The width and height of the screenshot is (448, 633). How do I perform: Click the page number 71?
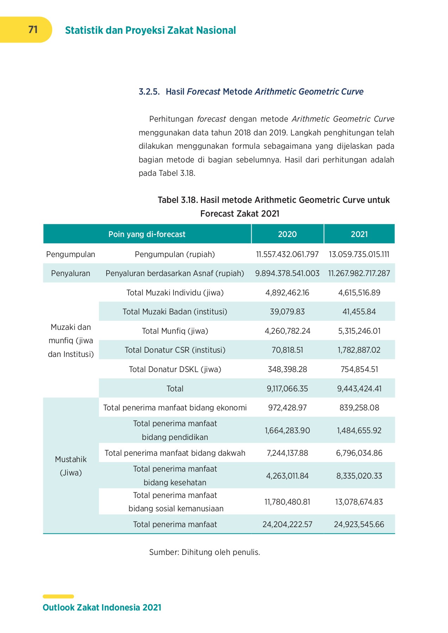click(x=33, y=30)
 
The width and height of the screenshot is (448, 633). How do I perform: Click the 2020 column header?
click(x=287, y=234)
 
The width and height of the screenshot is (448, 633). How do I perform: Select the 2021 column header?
click(x=359, y=234)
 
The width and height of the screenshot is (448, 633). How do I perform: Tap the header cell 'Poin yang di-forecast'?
click(x=147, y=234)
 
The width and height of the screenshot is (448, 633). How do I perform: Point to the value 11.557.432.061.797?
click(x=287, y=254)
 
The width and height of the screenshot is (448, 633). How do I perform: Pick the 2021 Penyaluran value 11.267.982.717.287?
click(x=359, y=273)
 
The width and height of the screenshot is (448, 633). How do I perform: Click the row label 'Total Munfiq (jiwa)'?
click(x=175, y=331)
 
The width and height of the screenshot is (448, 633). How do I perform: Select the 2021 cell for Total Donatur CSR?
click(x=359, y=350)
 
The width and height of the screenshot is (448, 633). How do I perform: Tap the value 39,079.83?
click(x=287, y=312)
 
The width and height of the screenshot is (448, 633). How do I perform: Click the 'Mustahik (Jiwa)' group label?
click(x=71, y=466)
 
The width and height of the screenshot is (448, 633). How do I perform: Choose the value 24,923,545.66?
click(x=359, y=524)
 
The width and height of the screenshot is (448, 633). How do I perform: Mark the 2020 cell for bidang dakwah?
click(x=287, y=453)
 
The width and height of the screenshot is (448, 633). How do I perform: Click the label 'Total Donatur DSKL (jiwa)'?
click(x=175, y=369)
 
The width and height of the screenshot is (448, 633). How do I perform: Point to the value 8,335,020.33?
click(x=359, y=476)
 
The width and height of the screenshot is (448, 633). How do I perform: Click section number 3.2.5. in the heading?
click(x=149, y=92)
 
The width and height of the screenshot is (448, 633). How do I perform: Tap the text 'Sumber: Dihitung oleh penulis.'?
click(x=204, y=552)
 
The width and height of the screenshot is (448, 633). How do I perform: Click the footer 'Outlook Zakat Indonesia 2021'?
click(x=102, y=607)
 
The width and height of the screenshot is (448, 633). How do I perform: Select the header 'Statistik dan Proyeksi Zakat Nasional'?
click(x=150, y=30)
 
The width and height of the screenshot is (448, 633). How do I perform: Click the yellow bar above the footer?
click(x=58, y=596)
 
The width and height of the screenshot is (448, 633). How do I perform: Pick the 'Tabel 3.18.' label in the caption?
click(x=178, y=200)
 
